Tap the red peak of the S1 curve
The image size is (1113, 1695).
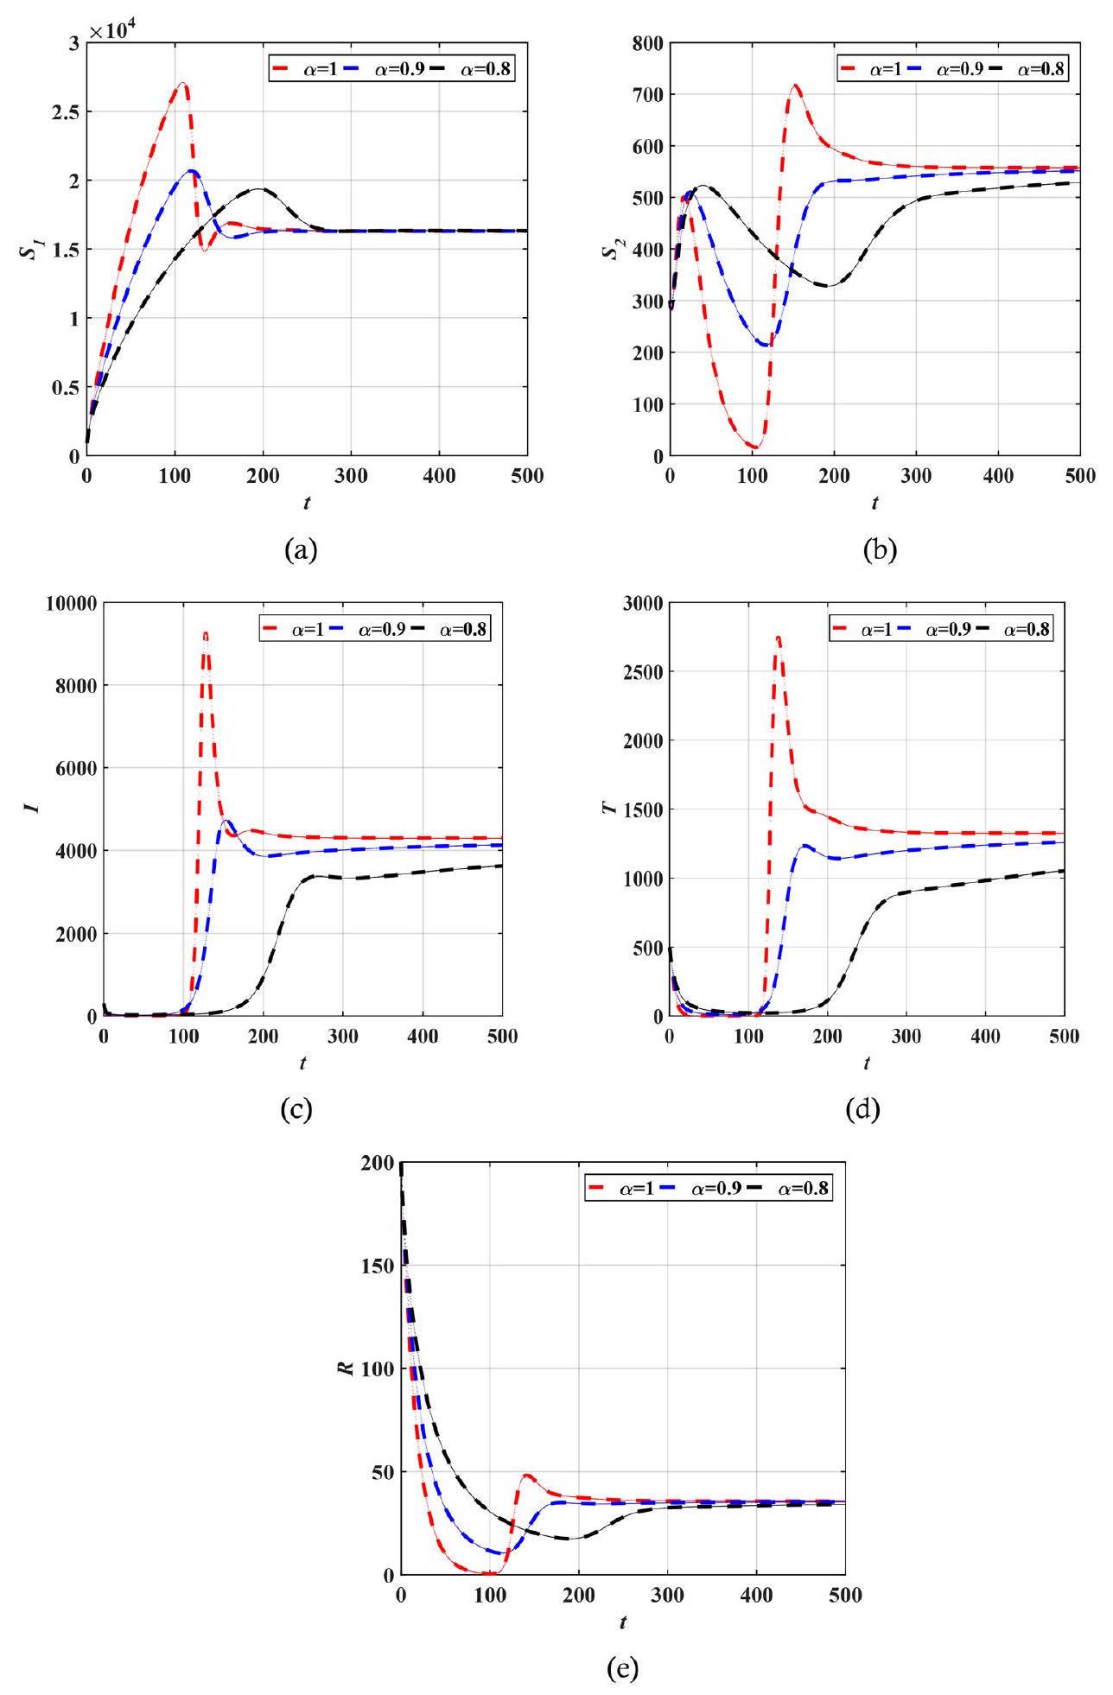click(182, 84)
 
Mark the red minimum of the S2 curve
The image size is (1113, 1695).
click(754, 447)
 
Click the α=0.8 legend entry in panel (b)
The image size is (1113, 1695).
click(1030, 68)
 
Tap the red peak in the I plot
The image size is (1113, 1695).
click(205, 633)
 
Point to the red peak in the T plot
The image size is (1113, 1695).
click(778, 638)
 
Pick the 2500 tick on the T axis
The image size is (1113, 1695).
click(639, 672)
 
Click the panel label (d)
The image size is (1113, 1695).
click(863, 1109)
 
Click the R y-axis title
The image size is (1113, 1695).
click(347, 1368)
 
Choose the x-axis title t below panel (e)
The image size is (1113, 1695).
click(622, 1599)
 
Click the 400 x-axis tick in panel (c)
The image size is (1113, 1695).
click(423, 1037)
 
